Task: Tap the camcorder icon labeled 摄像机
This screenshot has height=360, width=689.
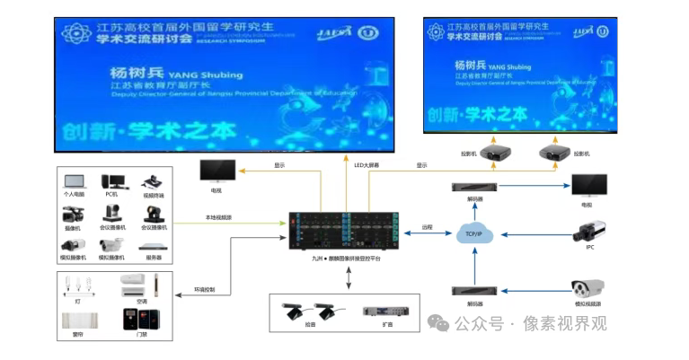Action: tap(73, 215)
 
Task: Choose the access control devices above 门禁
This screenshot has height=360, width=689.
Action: tap(142, 319)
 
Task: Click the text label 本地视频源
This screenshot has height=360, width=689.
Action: tap(218, 217)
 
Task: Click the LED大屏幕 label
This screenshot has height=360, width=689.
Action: tap(367, 165)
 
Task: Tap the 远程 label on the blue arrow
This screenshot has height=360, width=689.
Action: tap(428, 227)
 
